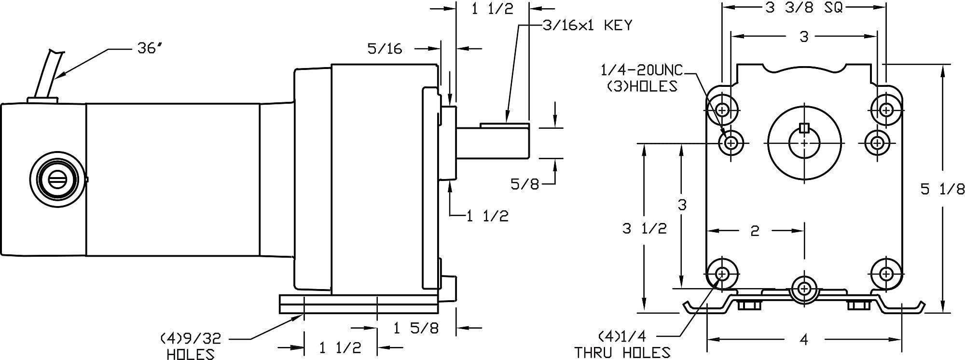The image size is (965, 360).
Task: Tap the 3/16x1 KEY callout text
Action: tap(587, 25)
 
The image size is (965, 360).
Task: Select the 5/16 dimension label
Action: tap(385, 48)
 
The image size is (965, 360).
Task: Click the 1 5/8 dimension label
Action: tap(416, 328)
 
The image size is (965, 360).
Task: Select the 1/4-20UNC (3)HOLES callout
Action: tap(641, 78)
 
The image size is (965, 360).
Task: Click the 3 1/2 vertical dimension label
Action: tap(644, 228)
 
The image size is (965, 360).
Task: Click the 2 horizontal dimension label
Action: tap(755, 231)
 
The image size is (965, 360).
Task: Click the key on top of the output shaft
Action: tap(504, 125)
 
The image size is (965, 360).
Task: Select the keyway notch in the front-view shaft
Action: tap(804, 128)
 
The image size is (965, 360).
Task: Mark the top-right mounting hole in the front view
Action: tap(886, 110)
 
